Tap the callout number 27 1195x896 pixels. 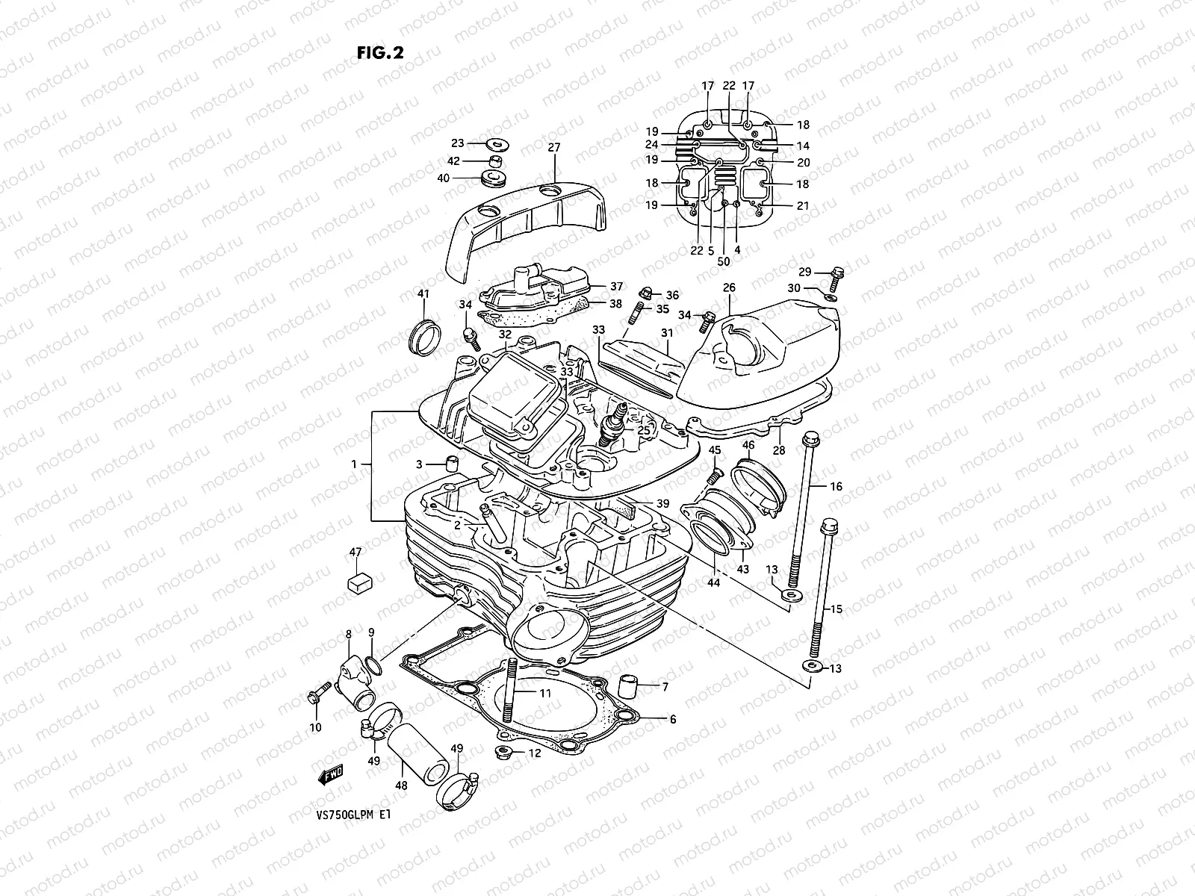pyautogui.click(x=553, y=148)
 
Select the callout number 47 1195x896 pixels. pyautogui.click(x=356, y=553)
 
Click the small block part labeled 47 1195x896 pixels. pyautogui.click(x=359, y=582)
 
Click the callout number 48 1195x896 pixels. pyautogui.click(x=401, y=785)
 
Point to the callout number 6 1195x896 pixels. pyautogui.click(x=672, y=719)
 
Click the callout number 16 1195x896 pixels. pyautogui.click(x=835, y=486)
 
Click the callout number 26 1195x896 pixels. pyautogui.click(x=729, y=287)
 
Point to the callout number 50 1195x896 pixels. pyautogui.click(x=723, y=261)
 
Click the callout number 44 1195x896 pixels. pyautogui.click(x=714, y=582)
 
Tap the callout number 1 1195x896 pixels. pyautogui.click(x=355, y=464)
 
